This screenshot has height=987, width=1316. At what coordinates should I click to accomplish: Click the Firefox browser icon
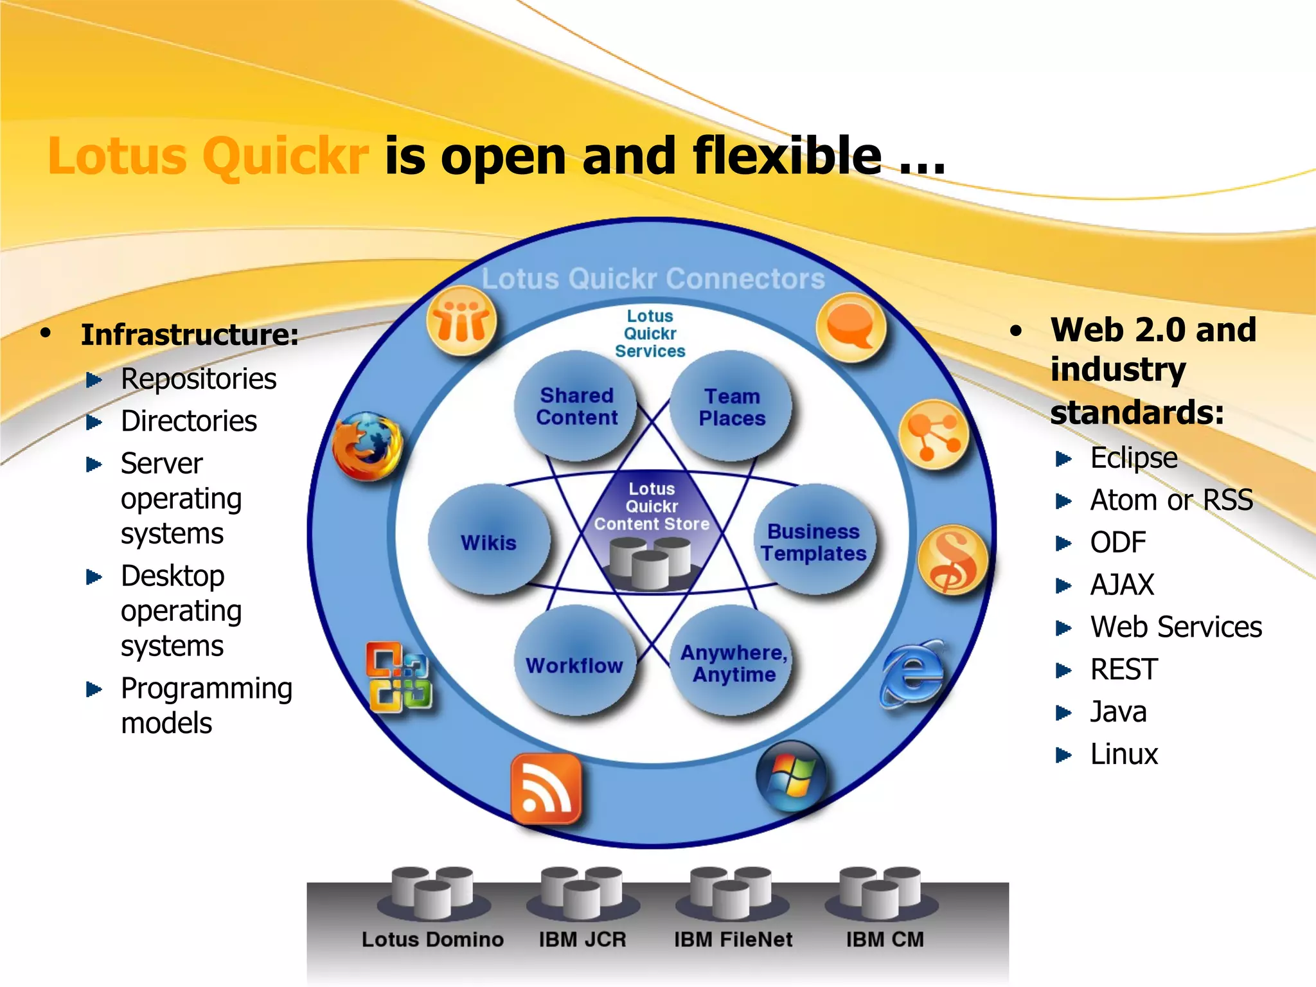pos(368,446)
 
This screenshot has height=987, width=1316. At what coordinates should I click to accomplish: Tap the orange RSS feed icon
pos(546,789)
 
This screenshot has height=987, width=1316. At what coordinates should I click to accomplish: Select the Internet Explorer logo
pos(912,673)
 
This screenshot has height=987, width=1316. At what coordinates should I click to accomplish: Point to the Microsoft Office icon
pos(399,677)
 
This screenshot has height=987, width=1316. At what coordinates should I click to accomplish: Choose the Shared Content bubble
pos(576,406)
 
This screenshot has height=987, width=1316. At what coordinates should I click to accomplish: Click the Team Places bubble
pos(732,407)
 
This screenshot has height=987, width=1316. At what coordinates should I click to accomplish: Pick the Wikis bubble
pos(489,542)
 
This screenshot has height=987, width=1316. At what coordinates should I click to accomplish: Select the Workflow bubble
pos(575,664)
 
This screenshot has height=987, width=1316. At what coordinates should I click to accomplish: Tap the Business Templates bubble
pos(814,542)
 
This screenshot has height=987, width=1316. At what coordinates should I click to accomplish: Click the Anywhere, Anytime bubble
pos(733,663)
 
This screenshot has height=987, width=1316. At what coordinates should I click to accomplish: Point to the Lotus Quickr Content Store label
pos(652,506)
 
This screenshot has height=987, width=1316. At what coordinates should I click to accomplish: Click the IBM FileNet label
pos(733,939)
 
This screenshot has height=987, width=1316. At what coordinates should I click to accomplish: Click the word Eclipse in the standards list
pos(1134,458)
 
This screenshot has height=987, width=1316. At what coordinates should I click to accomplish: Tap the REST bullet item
pos(1124,670)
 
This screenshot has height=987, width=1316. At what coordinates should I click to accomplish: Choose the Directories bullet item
pos(188,422)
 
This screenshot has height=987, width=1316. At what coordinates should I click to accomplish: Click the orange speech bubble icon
pos(851,327)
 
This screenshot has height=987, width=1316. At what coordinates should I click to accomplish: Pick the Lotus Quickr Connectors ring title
pos(653,279)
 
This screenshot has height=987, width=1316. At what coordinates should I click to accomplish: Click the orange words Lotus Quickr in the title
pos(208,156)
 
